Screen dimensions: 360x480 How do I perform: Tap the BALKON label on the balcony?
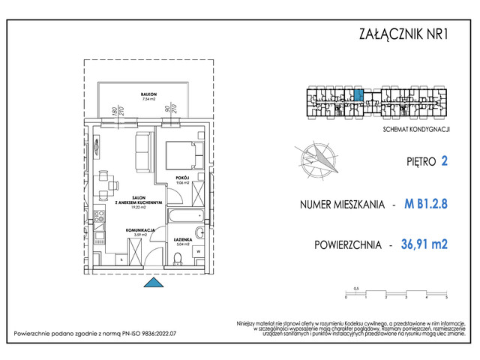tap(136, 94)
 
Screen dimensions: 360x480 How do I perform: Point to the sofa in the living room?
tap(145, 153)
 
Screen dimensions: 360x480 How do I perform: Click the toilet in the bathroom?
tap(178, 259)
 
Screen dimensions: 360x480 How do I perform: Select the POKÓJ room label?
tap(181, 177)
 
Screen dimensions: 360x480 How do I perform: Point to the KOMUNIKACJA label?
tap(140, 229)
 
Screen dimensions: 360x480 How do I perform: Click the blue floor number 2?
tap(445, 160)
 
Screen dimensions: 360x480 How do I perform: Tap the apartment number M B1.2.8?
tap(425, 204)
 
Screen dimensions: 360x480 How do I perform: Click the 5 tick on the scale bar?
tap(446, 298)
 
